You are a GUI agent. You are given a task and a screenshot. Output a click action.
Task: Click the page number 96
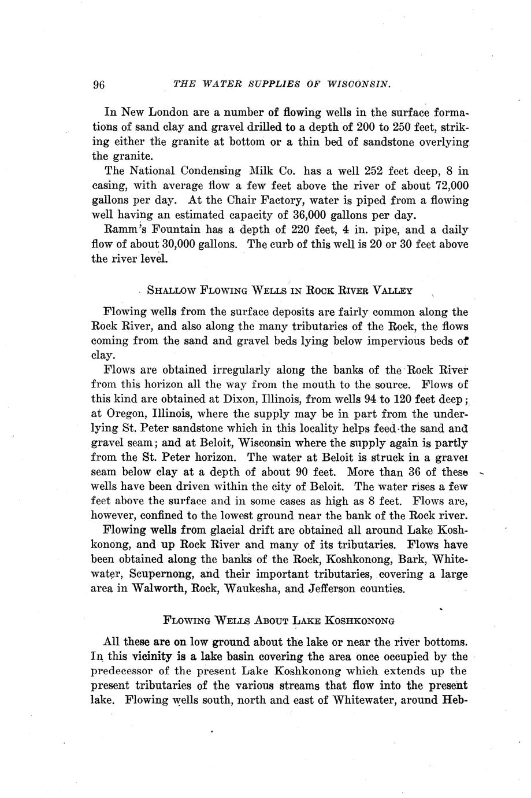98,85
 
